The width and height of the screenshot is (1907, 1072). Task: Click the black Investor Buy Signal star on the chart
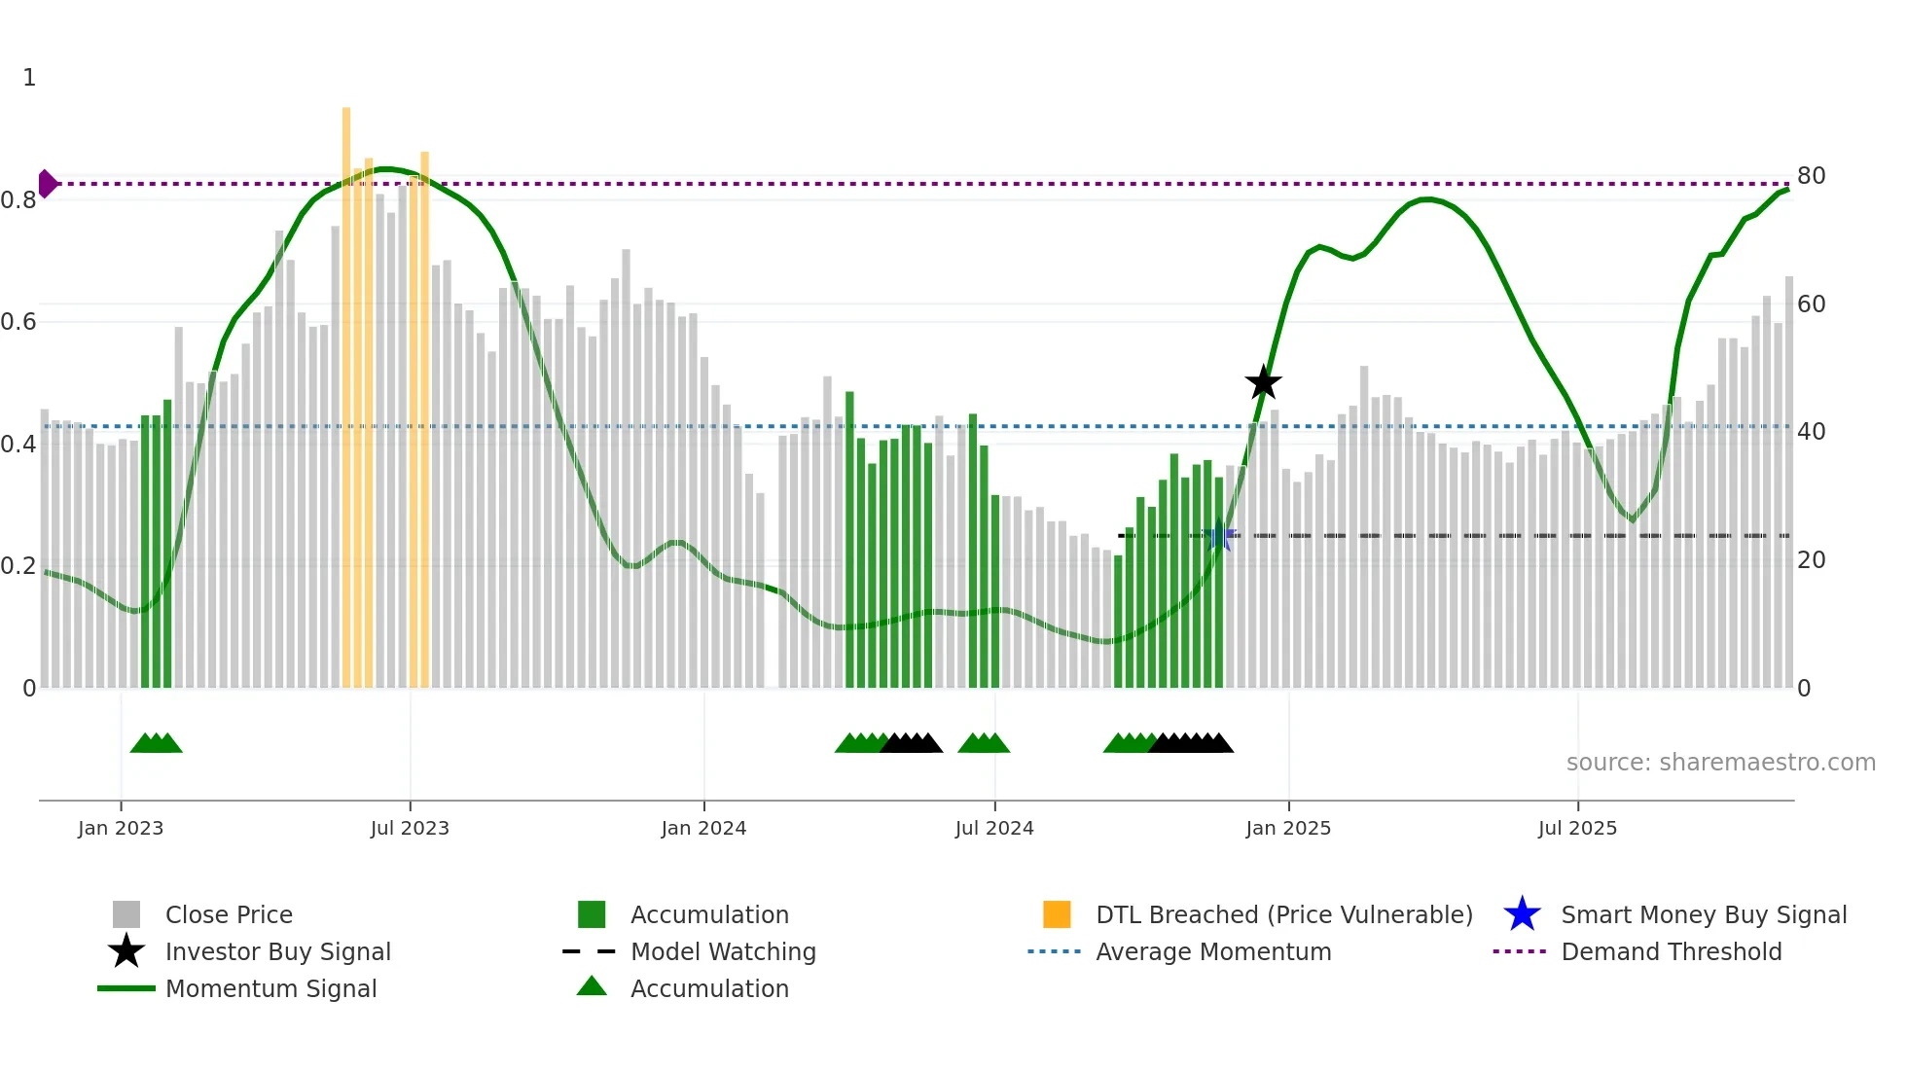pos(1263,382)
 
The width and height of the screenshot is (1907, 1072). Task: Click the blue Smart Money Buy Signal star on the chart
pos(1218,536)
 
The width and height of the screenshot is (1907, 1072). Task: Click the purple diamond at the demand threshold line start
pos(47,183)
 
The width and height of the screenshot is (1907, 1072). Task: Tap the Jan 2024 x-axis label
pos(703,828)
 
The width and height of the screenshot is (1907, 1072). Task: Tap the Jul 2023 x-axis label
pos(410,828)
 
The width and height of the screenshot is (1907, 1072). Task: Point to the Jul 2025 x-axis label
pos(1577,828)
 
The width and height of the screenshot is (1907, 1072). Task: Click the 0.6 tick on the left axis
pos(18,321)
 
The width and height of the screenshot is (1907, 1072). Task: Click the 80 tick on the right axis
pos(1811,176)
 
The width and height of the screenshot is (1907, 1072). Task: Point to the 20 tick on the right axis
pos(1811,559)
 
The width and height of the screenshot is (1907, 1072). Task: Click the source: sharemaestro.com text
pos(1720,762)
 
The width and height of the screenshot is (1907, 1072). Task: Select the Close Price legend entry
pos(229,914)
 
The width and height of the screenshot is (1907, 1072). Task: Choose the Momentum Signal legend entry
pos(270,988)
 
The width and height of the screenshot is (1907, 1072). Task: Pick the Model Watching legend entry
pos(723,951)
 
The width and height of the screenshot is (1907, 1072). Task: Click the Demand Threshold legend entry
pos(1671,951)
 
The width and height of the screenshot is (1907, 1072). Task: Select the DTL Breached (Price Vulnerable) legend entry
pos(1283,914)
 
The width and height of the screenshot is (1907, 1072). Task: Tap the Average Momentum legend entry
pos(1212,951)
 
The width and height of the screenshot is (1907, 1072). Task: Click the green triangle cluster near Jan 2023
pos(156,743)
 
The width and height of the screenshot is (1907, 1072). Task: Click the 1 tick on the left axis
pos(29,77)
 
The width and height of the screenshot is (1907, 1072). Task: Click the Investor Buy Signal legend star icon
pos(126,951)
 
